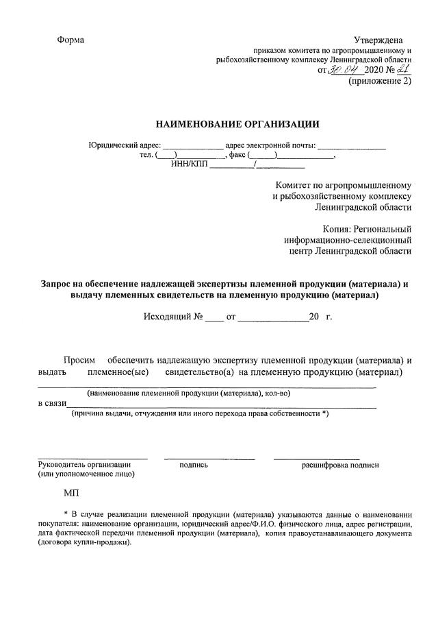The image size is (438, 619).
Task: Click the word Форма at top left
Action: pos(71,40)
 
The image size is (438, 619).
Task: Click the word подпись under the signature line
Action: pos(194,465)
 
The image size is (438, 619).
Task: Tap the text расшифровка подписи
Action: pos(340,465)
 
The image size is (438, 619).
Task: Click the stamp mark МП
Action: pos(71,494)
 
